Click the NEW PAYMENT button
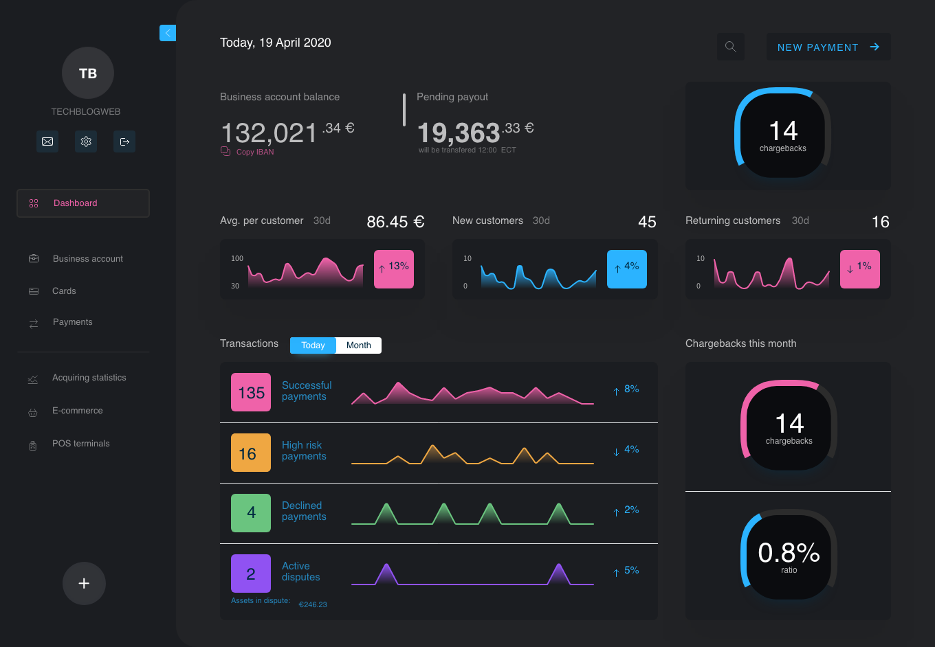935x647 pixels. click(x=828, y=47)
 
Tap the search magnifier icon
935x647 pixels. click(x=730, y=47)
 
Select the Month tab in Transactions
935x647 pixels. click(x=358, y=345)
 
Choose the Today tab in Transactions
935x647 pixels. click(x=313, y=345)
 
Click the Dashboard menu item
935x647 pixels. click(x=82, y=203)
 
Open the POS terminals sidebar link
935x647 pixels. click(x=80, y=444)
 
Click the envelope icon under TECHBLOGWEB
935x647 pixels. click(x=47, y=141)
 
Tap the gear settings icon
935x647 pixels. click(x=86, y=141)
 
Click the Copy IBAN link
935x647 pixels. click(x=254, y=152)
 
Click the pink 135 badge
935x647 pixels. click(x=251, y=392)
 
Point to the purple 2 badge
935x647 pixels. click(x=251, y=574)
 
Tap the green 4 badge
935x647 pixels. click(x=251, y=513)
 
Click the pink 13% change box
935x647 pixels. click(x=394, y=269)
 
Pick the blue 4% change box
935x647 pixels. click(x=627, y=269)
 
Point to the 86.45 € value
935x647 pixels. click(x=395, y=222)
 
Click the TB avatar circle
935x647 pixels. click(x=87, y=73)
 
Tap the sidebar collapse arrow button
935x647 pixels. click(x=168, y=33)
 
